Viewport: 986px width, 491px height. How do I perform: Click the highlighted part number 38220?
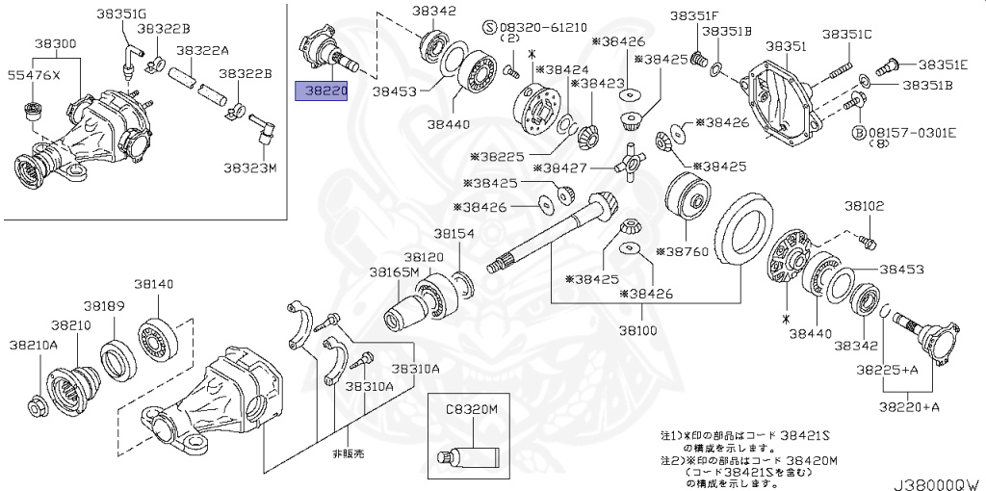[320, 91]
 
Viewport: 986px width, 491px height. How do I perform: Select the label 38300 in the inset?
[58, 45]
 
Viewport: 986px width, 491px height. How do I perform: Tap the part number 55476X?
[34, 75]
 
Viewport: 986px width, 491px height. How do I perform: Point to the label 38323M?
[250, 168]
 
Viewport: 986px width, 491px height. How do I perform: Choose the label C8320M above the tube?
[471, 409]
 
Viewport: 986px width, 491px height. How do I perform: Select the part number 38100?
[638, 329]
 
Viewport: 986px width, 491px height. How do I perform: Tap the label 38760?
[686, 252]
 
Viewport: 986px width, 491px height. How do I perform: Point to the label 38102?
[864, 205]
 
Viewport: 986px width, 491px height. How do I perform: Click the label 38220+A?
[909, 406]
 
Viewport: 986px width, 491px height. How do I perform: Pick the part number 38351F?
[694, 15]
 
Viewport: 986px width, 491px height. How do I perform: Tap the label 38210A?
[34, 345]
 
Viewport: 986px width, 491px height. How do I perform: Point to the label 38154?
[454, 234]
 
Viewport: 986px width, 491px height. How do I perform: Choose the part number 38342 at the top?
[434, 11]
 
